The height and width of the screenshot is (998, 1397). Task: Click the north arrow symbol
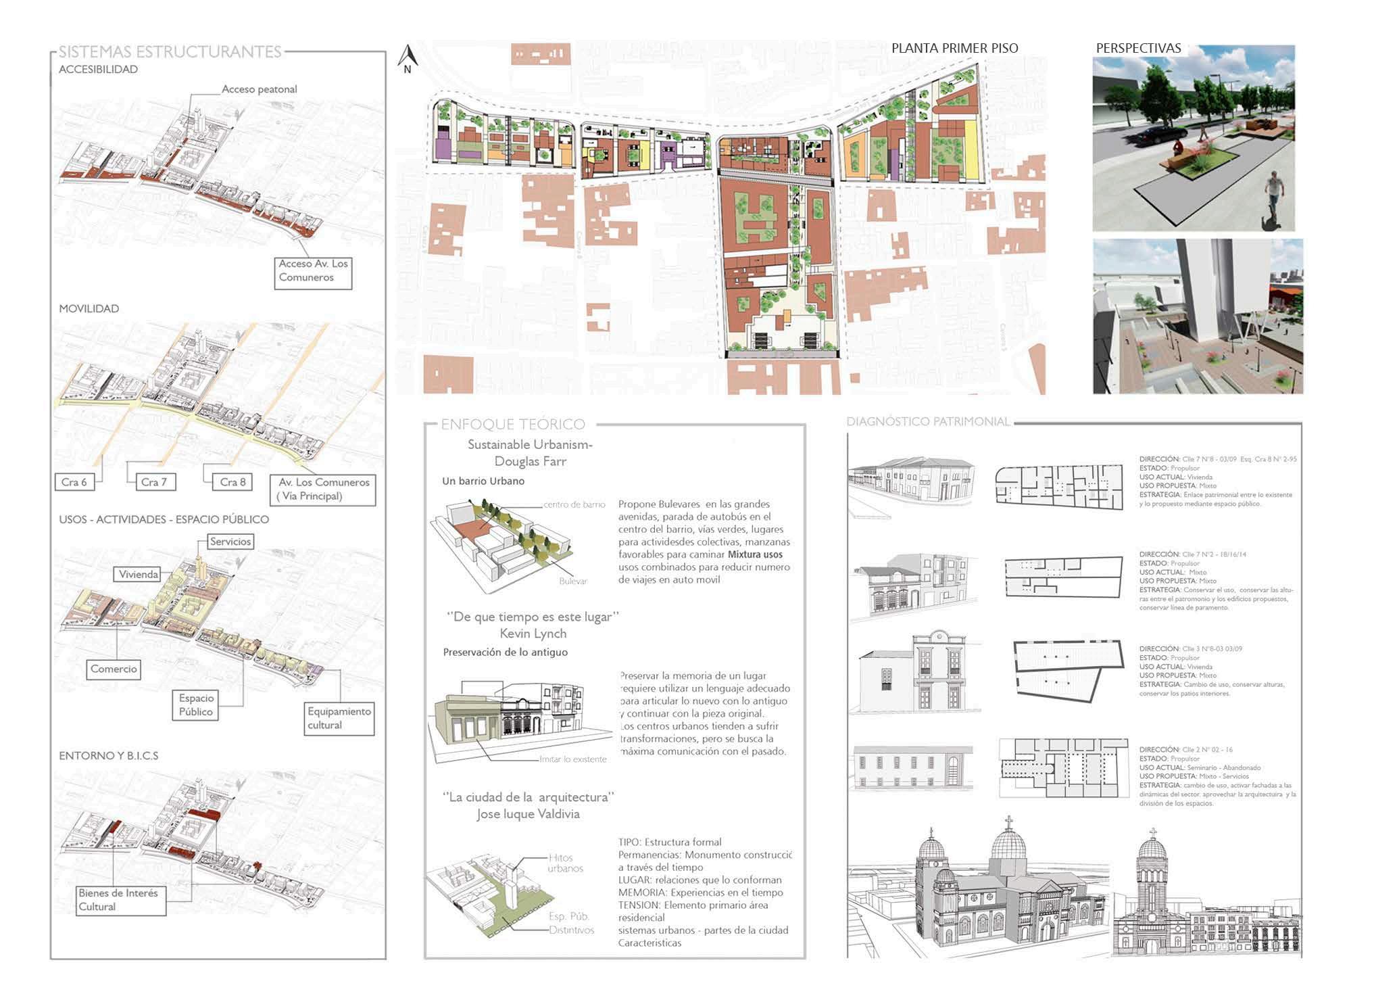point(408,58)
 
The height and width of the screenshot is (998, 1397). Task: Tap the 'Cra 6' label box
point(74,482)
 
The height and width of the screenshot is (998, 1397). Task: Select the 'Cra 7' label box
point(153,482)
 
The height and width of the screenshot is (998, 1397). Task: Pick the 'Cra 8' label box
point(232,482)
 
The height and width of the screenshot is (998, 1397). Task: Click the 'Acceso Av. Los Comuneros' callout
point(313,271)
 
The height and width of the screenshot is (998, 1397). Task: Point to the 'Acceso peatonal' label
point(259,89)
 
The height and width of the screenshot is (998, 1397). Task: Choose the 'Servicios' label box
point(230,542)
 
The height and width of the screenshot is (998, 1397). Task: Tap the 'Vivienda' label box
point(139,575)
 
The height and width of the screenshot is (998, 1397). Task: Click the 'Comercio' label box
point(114,669)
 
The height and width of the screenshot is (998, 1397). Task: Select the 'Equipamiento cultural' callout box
point(339,718)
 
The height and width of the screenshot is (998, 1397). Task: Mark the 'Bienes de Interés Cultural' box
point(119,900)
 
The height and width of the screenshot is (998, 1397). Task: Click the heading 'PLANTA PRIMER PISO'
point(954,48)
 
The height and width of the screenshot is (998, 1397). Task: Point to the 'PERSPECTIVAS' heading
point(1138,48)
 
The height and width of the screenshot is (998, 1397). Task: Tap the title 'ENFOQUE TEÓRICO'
point(512,425)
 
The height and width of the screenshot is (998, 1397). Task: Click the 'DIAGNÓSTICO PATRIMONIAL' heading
point(928,422)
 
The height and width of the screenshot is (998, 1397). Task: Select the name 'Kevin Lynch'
point(533,634)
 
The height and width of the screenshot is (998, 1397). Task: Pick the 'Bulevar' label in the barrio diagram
point(573,581)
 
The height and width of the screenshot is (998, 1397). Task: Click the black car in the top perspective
point(1159,135)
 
